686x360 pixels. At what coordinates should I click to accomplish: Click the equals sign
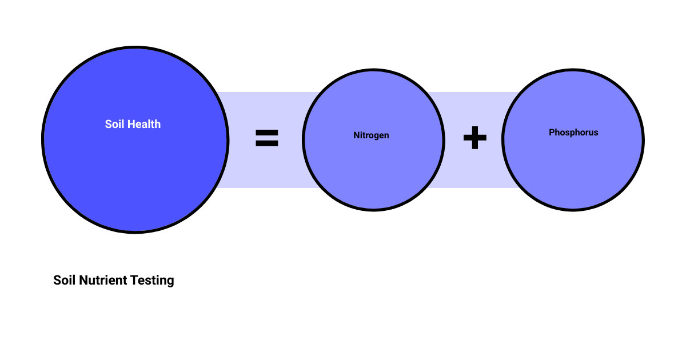267,138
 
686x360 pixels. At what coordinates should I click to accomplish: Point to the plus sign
475,138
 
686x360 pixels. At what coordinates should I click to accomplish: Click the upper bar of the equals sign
267,132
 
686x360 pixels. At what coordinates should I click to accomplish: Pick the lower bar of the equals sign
267,143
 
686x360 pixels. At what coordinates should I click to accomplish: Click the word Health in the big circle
144,124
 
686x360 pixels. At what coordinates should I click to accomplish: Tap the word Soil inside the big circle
114,124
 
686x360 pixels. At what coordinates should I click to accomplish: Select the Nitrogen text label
371,135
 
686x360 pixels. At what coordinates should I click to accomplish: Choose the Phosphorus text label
573,132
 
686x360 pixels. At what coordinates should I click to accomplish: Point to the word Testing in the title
152,281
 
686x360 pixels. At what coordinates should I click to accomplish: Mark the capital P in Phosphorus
552,132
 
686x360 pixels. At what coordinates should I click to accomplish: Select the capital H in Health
131,124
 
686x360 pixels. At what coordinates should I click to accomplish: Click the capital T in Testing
134,280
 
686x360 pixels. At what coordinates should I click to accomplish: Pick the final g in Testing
170,282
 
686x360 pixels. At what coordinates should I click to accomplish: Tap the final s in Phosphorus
596,133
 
